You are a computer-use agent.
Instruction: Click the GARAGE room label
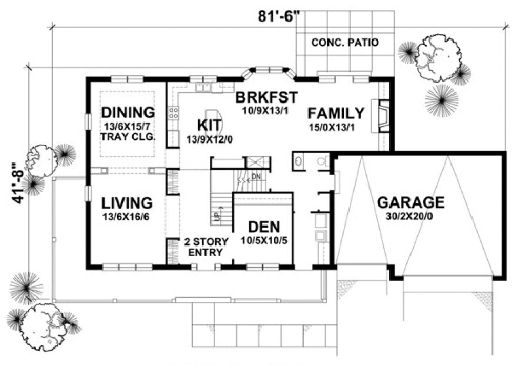tap(410, 203)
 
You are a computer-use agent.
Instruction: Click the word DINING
tap(128, 112)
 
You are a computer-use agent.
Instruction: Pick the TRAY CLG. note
tap(128, 137)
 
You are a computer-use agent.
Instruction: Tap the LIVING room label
tap(127, 203)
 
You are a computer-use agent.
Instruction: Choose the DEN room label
tap(263, 227)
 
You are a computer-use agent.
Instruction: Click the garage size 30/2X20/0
tap(410, 217)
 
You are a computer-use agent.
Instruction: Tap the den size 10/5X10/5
tap(263, 240)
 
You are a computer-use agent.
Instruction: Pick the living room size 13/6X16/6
tap(127, 217)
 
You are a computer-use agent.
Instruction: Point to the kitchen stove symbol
tap(173, 112)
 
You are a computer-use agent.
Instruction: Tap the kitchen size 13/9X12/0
tap(211, 139)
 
